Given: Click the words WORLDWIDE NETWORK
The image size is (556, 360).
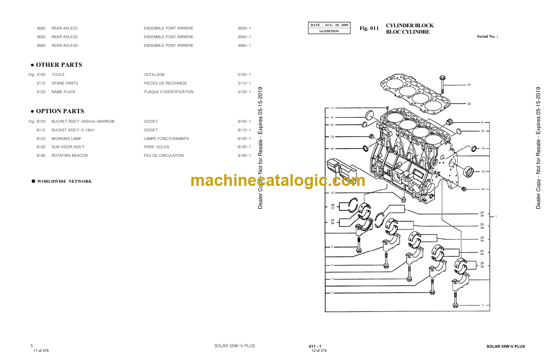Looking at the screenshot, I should pyautogui.click(x=65, y=181).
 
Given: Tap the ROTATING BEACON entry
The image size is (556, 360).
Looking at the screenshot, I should pyautogui.click(x=69, y=155).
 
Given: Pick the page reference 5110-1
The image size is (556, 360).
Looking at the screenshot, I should pyautogui.click(x=244, y=83).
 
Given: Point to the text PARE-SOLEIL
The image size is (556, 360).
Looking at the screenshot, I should pyautogui.click(x=157, y=147).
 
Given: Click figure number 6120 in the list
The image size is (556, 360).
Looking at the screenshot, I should pyautogui.click(x=41, y=139).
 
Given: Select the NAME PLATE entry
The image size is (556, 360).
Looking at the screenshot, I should pyautogui.click(x=64, y=92).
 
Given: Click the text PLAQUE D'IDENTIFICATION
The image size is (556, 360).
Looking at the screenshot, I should pyautogui.click(x=169, y=92).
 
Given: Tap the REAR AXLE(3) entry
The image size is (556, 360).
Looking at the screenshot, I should pyautogui.click(x=65, y=37).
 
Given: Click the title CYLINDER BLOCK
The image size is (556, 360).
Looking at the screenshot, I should pyautogui.click(x=410, y=26).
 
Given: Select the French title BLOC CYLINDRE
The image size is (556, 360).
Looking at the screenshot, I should pyautogui.click(x=407, y=32).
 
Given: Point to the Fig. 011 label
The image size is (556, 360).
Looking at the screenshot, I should pyautogui.click(x=369, y=29).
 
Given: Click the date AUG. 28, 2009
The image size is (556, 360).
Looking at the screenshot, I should pyautogui.click(x=336, y=25).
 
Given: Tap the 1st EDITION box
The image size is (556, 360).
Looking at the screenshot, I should pyautogui.click(x=329, y=31).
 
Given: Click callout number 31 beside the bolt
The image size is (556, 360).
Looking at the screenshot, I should pyautogui.click(x=469, y=85).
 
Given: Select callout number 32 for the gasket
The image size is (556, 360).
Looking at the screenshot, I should pyautogui.click(x=469, y=104).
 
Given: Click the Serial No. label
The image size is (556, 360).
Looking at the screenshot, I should pyautogui.click(x=487, y=36).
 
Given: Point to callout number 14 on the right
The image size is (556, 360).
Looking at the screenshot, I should pyautogui.click(x=483, y=189).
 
